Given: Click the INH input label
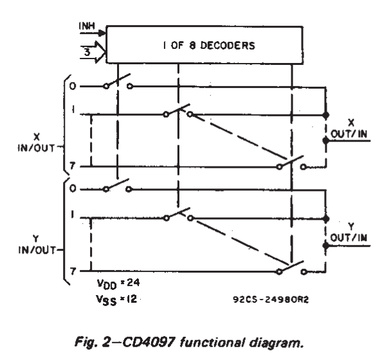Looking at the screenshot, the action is pyautogui.click(x=87, y=26).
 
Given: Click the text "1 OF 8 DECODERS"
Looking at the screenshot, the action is pyautogui.click(x=209, y=46).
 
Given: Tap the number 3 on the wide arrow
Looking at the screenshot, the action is pyautogui.click(x=87, y=52).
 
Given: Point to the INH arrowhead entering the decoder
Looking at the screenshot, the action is pyautogui.click(x=102, y=33).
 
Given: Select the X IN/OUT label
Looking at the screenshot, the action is pyautogui.click(x=37, y=143).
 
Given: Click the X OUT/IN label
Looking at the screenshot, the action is pyautogui.click(x=349, y=129).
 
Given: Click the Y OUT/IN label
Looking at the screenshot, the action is pyautogui.click(x=349, y=232).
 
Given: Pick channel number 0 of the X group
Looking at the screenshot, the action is pyautogui.click(x=73, y=86).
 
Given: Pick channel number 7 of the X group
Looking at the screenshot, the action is pyautogui.click(x=72, y=166).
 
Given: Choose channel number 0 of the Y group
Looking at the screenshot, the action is pyautogui.click(x=73, y=188).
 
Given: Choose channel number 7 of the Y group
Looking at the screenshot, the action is pyautogui.click(x=72, y=271).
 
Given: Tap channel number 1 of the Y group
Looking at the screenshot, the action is pyautogui.click(x=72, y=214).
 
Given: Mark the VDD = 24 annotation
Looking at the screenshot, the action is pyautogui.click(x=118, y=284).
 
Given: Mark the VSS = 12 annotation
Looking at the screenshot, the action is pyautogui.click(x=116, y=300).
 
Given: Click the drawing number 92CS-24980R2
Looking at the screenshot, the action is pyautogui.click(x=271, y=299).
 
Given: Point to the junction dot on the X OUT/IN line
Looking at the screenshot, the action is pyautogui.click(x=325, y=141).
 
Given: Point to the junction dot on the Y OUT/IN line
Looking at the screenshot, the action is pyautogui.click(x=325, y=246).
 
